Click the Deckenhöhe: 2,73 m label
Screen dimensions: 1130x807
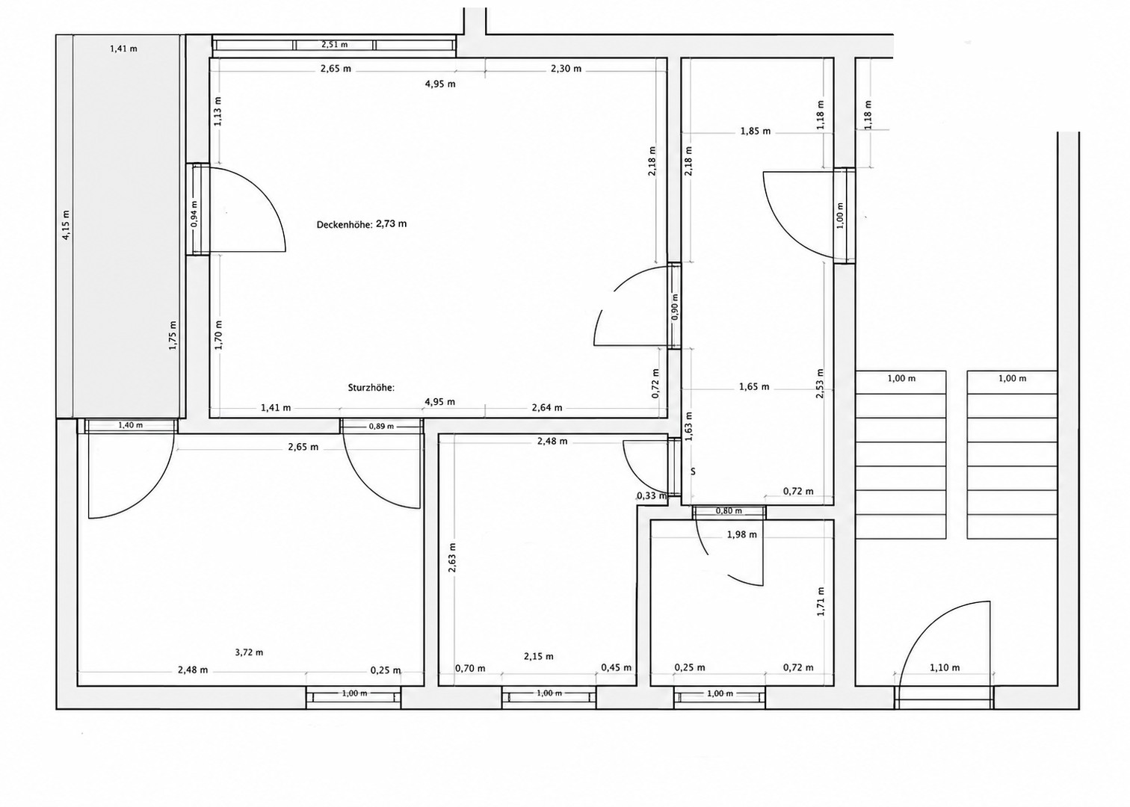point(362,224)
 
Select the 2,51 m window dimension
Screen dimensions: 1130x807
point(335,44)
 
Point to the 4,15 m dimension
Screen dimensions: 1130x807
point(66,224)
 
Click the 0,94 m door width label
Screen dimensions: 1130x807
point(195,214)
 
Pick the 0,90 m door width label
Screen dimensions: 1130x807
point(676,307)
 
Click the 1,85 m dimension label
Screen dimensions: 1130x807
point(756,132)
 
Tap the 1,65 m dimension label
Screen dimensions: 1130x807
point(754,387)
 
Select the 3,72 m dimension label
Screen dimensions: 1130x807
point(249,652)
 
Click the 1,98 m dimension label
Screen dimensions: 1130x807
point(742,535)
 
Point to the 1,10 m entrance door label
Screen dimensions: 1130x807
point(945,668)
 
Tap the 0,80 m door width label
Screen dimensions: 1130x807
point(729,511)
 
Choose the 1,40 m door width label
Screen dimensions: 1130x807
point(131,425)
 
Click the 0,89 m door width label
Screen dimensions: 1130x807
point(381,426)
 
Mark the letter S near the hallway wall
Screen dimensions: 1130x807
point(693,471)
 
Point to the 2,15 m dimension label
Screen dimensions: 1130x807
point(539,656)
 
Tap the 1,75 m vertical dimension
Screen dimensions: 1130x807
point(173,336)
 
